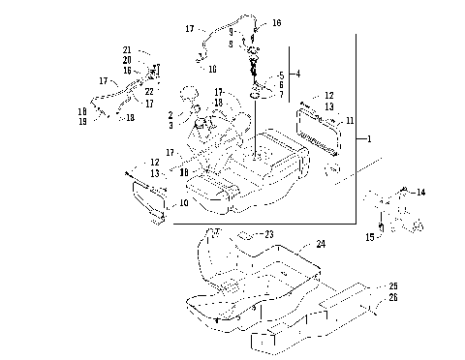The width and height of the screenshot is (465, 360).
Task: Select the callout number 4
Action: pyautogui.click(x=298, y=74)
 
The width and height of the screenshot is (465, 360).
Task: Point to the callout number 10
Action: pyautogui.click(x=185, y=203)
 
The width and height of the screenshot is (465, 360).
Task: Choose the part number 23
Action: pyautogui.click(x=270, y=234)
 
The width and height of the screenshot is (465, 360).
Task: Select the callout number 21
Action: pyautogui.click(x=127, y=49)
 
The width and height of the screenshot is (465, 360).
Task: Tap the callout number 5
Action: pyautogui.click(x=282, y=74)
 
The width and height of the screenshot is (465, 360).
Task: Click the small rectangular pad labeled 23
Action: pyautogui.click(x=245, y=235)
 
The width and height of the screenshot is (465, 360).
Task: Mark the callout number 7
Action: pyautogui.click(x=282, y=95)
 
